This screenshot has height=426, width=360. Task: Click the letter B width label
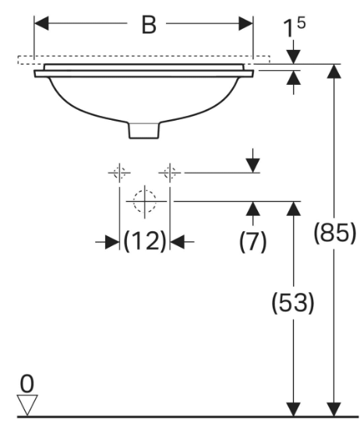(149, 25)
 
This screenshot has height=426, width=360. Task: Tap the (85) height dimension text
(334, 233)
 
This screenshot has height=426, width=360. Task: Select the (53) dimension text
(293, 302)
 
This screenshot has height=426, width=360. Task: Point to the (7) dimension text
(253, 241)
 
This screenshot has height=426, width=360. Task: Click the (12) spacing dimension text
(144, 241)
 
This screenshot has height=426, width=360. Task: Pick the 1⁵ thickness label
(295, 27)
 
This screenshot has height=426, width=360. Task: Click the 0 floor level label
(27, 384)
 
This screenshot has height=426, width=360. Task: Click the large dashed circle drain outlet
(145, 201)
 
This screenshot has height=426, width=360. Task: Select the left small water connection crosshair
(119, 173)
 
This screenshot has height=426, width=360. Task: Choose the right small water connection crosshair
(170, 173)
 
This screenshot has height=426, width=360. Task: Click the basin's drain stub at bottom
(144, 130)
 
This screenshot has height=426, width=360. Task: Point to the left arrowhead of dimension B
(41, 23)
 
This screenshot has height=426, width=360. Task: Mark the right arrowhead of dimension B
(245, 23)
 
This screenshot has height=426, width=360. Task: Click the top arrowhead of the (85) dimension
(334, 71)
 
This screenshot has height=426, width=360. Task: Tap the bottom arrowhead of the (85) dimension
(334, 409)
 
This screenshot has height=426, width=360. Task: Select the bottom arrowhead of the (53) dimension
(294, 409)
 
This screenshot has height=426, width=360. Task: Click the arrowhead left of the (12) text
(112, 241)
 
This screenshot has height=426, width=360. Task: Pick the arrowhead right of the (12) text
(178, 241)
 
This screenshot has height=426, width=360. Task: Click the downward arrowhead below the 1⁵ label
(294, 57)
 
